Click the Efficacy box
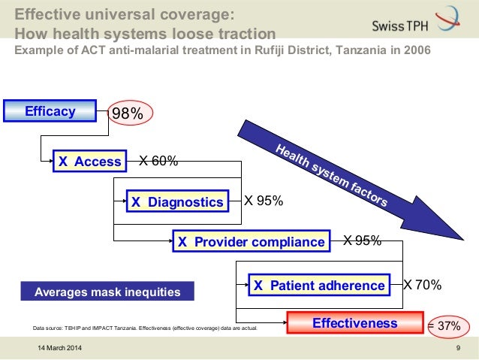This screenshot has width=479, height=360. click(x=50, y=112)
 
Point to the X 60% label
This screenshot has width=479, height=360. click(x=159, y=161)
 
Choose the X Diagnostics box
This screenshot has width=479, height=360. click(x=177, y=201)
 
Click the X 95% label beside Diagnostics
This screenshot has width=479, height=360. click(x=264, y=201)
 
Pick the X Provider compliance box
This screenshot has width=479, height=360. click(x=251, y=242)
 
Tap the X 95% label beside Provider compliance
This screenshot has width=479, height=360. click(x=362, y=241)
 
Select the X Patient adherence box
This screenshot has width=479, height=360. click(x=318, y=286)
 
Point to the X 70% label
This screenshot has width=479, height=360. click(x=422, y=285)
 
